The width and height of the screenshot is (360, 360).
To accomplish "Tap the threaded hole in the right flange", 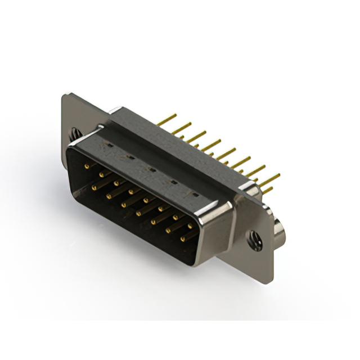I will click(255, 240).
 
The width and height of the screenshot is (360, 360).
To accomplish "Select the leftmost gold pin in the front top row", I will click(88, 167).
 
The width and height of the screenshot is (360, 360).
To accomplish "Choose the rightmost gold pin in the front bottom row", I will click(182, 239).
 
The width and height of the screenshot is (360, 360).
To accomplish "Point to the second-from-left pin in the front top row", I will click(102, 175).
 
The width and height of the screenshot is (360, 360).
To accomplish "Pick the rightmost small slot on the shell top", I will click(195, 193).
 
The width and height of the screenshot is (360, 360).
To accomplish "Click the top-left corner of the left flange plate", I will click(63, 97).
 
